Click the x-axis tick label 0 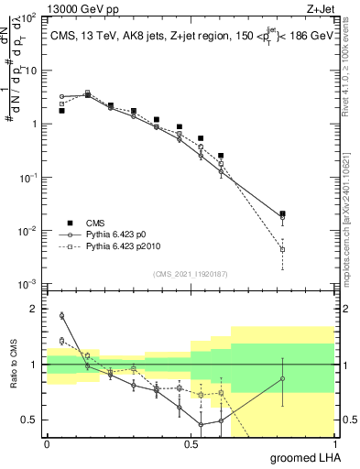click(x=47, y=443)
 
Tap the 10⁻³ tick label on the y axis click(x=29, y=284)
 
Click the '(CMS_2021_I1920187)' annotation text click(x=190, y=273)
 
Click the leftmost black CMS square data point click(x=61, y=111)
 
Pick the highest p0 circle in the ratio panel click(x=61, y=316)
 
